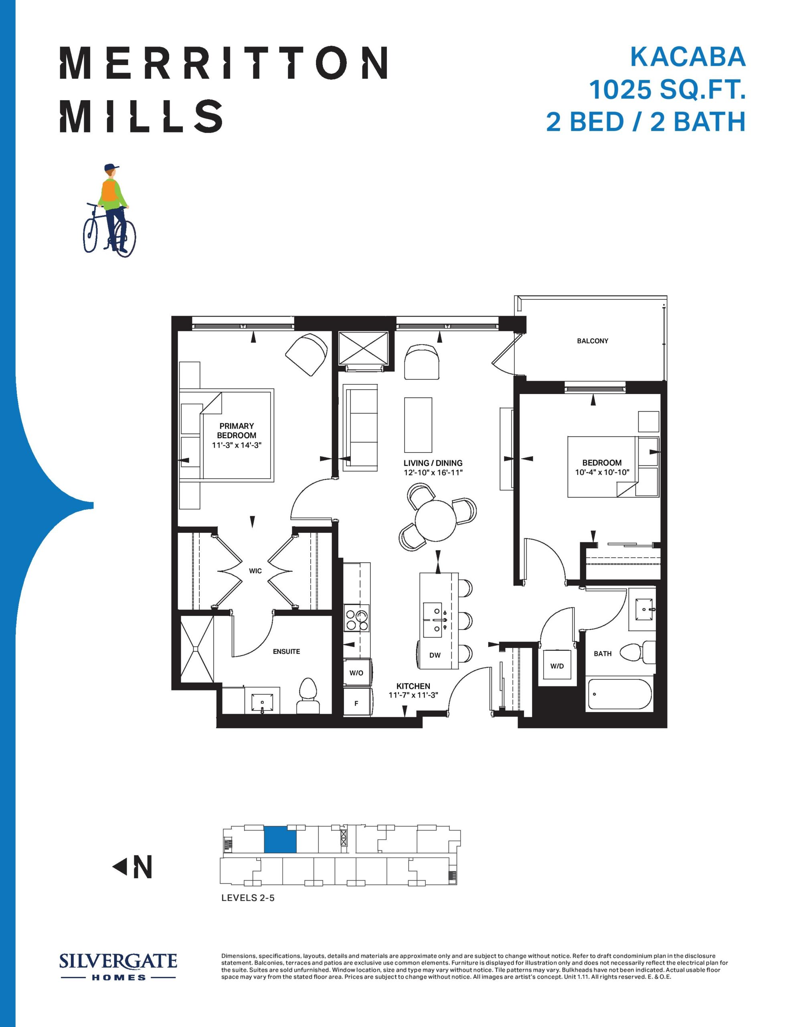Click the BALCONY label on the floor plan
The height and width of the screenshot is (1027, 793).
point(592,341)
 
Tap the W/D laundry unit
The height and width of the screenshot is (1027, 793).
point(557,666)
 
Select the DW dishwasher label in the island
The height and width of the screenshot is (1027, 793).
point(435,655)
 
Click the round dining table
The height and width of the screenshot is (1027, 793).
point(436,521)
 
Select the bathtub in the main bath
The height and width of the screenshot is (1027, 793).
point(619,694)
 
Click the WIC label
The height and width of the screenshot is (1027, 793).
point(255,571)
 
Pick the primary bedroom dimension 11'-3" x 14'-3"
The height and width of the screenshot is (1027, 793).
point(237,444)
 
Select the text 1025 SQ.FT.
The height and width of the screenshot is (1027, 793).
point(668,89)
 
